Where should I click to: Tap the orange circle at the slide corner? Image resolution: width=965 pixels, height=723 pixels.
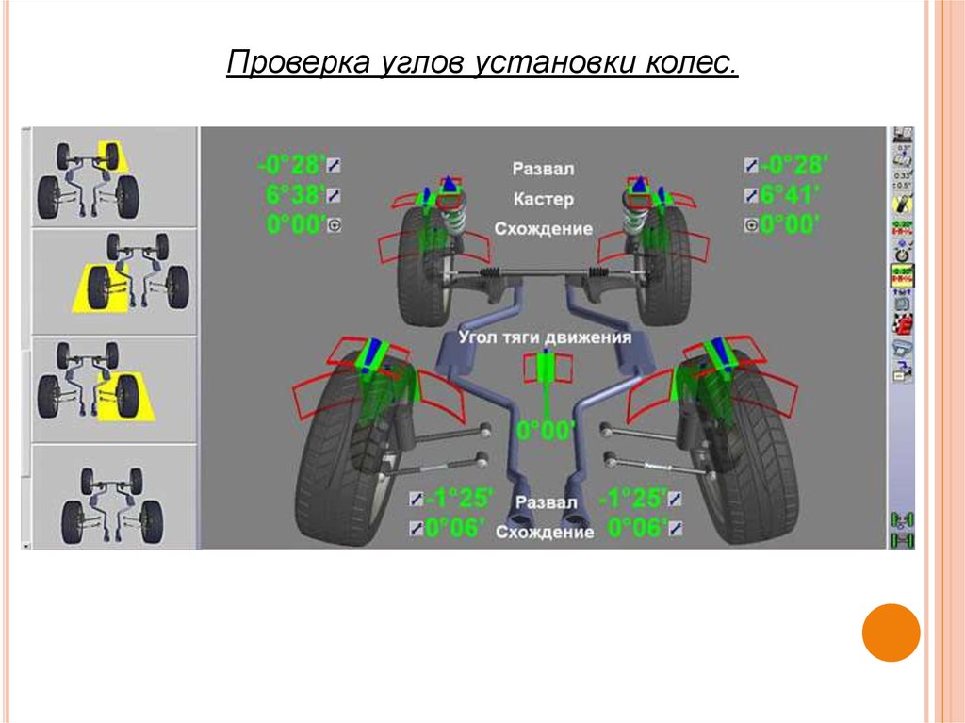click(891, 633)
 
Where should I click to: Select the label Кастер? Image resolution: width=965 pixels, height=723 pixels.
click(544, 200)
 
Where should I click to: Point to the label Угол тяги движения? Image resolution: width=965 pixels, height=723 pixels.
click(545, 337)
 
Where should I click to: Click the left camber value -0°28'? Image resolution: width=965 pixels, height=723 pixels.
click(290, 166)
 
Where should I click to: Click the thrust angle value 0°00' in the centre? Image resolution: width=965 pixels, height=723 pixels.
click(546, 431)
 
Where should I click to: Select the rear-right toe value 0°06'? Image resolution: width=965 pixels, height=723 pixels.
click(637, 528)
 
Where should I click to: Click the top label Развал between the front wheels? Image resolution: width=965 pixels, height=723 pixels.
click(543, 169)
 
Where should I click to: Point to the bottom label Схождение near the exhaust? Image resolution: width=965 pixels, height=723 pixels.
click(545, 533)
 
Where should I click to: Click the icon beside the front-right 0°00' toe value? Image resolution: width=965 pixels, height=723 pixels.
click(751, 225)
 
